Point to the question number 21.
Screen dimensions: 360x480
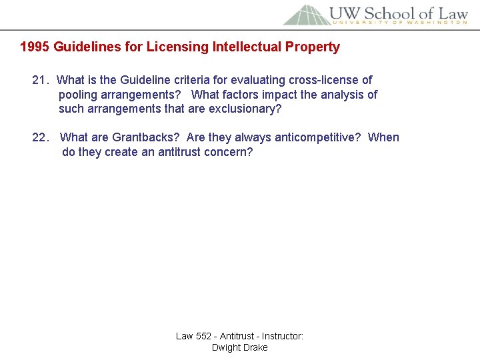41,81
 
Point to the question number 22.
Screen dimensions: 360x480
41,138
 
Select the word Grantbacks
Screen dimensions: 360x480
146,138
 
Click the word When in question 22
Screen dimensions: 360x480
383,138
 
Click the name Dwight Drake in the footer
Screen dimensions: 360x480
239,347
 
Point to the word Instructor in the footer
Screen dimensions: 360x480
282,336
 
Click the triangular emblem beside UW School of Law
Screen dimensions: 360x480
305,15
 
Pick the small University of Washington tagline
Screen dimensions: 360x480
399,23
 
